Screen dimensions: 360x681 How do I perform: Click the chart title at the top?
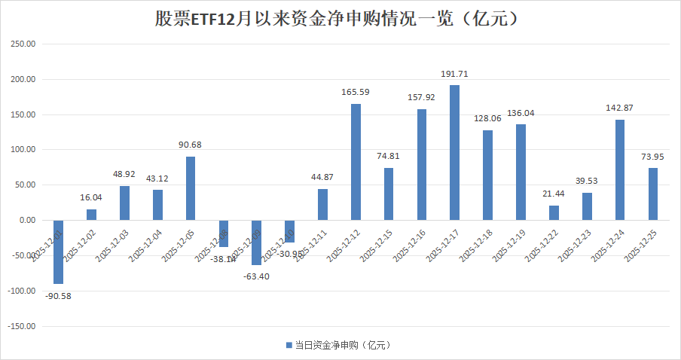tap(340, 18)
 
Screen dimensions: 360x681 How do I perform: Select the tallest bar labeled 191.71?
tap(454, 152)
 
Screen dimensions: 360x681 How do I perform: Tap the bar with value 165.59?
tap(356, 162)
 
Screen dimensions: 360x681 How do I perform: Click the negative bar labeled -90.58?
tap(58, 252)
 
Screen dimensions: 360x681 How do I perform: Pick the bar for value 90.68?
tap(191, 188)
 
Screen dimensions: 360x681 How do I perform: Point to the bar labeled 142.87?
tap(619, 169)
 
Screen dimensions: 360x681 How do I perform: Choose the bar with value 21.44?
tap(554, 212)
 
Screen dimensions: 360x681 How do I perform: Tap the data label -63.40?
tap(256, 276)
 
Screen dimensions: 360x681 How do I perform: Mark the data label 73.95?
tap(652, 156)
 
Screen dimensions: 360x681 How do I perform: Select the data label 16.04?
tap(91, 197)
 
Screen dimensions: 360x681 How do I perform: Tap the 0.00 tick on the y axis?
tap(26, 220)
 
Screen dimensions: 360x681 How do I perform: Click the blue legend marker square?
tap(288, 345)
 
